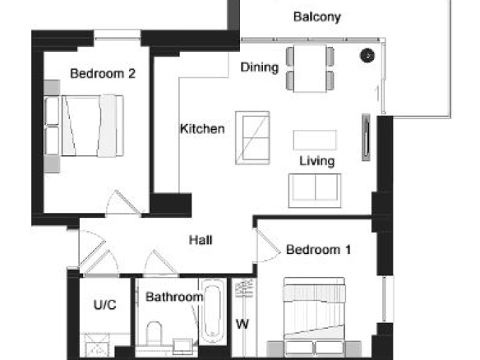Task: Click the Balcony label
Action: click(316, 17)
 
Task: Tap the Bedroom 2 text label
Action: click(103, 74)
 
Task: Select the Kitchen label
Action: click(202, 129)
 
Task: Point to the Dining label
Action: click(260, 67)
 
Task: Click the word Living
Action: click(316, 161)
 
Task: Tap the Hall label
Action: click(201, 240)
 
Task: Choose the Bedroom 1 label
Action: click(318, 250)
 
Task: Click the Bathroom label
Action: click(174, 297)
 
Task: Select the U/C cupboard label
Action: click(104, 305)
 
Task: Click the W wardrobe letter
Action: click(242, 324)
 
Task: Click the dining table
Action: click(310, 68)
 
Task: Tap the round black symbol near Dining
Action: click(367, 55)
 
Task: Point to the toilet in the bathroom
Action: click(154, 334)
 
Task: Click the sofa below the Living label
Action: click(315, 191)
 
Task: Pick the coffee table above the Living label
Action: click(315, 141)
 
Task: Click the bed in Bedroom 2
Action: click(84, 126)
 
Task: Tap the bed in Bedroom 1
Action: click(315, 317)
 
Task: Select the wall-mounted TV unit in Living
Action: click(366, 137)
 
